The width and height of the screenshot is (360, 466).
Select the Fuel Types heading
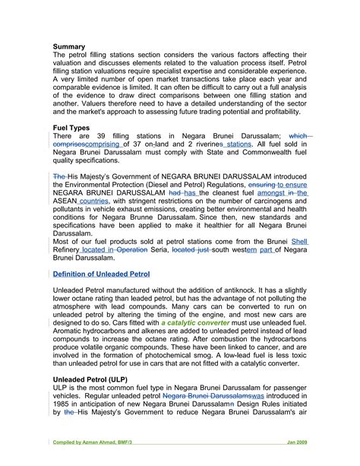tap(71, 127)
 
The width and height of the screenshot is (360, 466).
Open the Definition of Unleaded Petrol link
tap(102, 273)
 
